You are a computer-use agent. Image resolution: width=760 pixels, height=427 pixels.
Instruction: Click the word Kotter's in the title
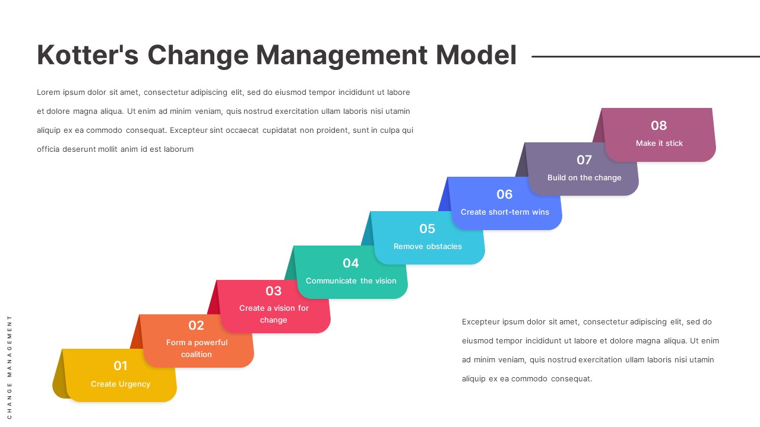coord(88,55)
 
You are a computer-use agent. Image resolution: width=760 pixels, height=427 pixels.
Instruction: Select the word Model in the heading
coord(476,55)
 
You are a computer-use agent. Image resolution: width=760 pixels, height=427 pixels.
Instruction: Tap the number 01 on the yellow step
coord(121,366)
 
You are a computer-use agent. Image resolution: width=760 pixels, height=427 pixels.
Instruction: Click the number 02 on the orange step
coord(196,326)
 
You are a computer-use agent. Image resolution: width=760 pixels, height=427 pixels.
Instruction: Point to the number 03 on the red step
coord(273,291)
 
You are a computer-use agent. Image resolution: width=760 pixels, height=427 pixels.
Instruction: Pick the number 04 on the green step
coord(351,263)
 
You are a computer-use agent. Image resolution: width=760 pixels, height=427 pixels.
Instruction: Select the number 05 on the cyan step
coord(427,229)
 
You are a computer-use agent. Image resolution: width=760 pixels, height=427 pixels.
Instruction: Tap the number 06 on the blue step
coord(505,195)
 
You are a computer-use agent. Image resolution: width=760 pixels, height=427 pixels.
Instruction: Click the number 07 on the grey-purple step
coord(584,160)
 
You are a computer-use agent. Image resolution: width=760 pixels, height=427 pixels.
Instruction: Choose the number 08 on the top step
coord(659,126)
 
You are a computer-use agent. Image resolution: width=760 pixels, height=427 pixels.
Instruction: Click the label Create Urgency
coord(121,384)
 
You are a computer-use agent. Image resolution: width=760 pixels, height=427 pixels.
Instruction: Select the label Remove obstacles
coord(427,247)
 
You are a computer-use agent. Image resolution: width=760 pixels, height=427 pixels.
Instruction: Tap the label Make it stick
coord(659,144)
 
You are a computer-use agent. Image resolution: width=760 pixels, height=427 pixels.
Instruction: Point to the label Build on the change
coord(584,178)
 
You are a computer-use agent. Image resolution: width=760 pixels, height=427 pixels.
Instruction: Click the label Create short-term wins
coord(505,212)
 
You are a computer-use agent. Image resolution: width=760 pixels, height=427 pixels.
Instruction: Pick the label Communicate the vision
coord(351,281)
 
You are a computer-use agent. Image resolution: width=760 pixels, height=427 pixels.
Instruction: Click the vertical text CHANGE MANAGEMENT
coord(9,367)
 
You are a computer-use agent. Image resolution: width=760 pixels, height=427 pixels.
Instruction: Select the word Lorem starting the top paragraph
coord(48,93)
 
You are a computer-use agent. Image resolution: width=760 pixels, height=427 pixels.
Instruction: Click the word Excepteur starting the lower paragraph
coord(480,322)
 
